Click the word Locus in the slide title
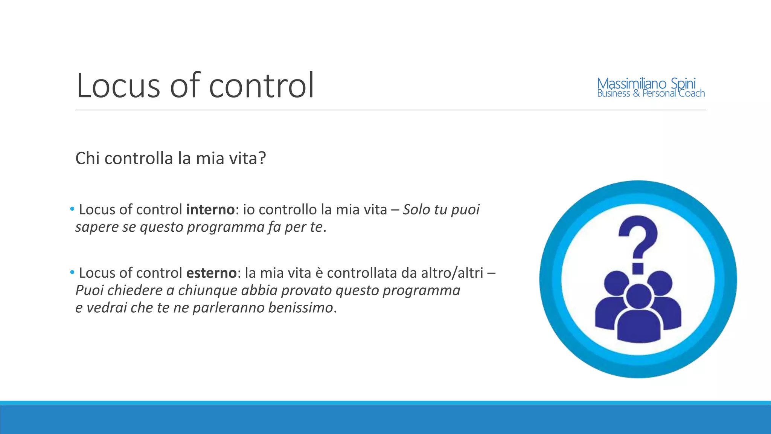coord(118,86)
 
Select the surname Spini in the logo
coord(683,84)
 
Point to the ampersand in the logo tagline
coord(636,93)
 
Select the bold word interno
coord(210,209)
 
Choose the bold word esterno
coord(211,273)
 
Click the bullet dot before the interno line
coord(72,209)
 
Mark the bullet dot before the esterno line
coord(72,272)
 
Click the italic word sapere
coord(97,227)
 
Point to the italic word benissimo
coord(301,308)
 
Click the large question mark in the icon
coord(638,241)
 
